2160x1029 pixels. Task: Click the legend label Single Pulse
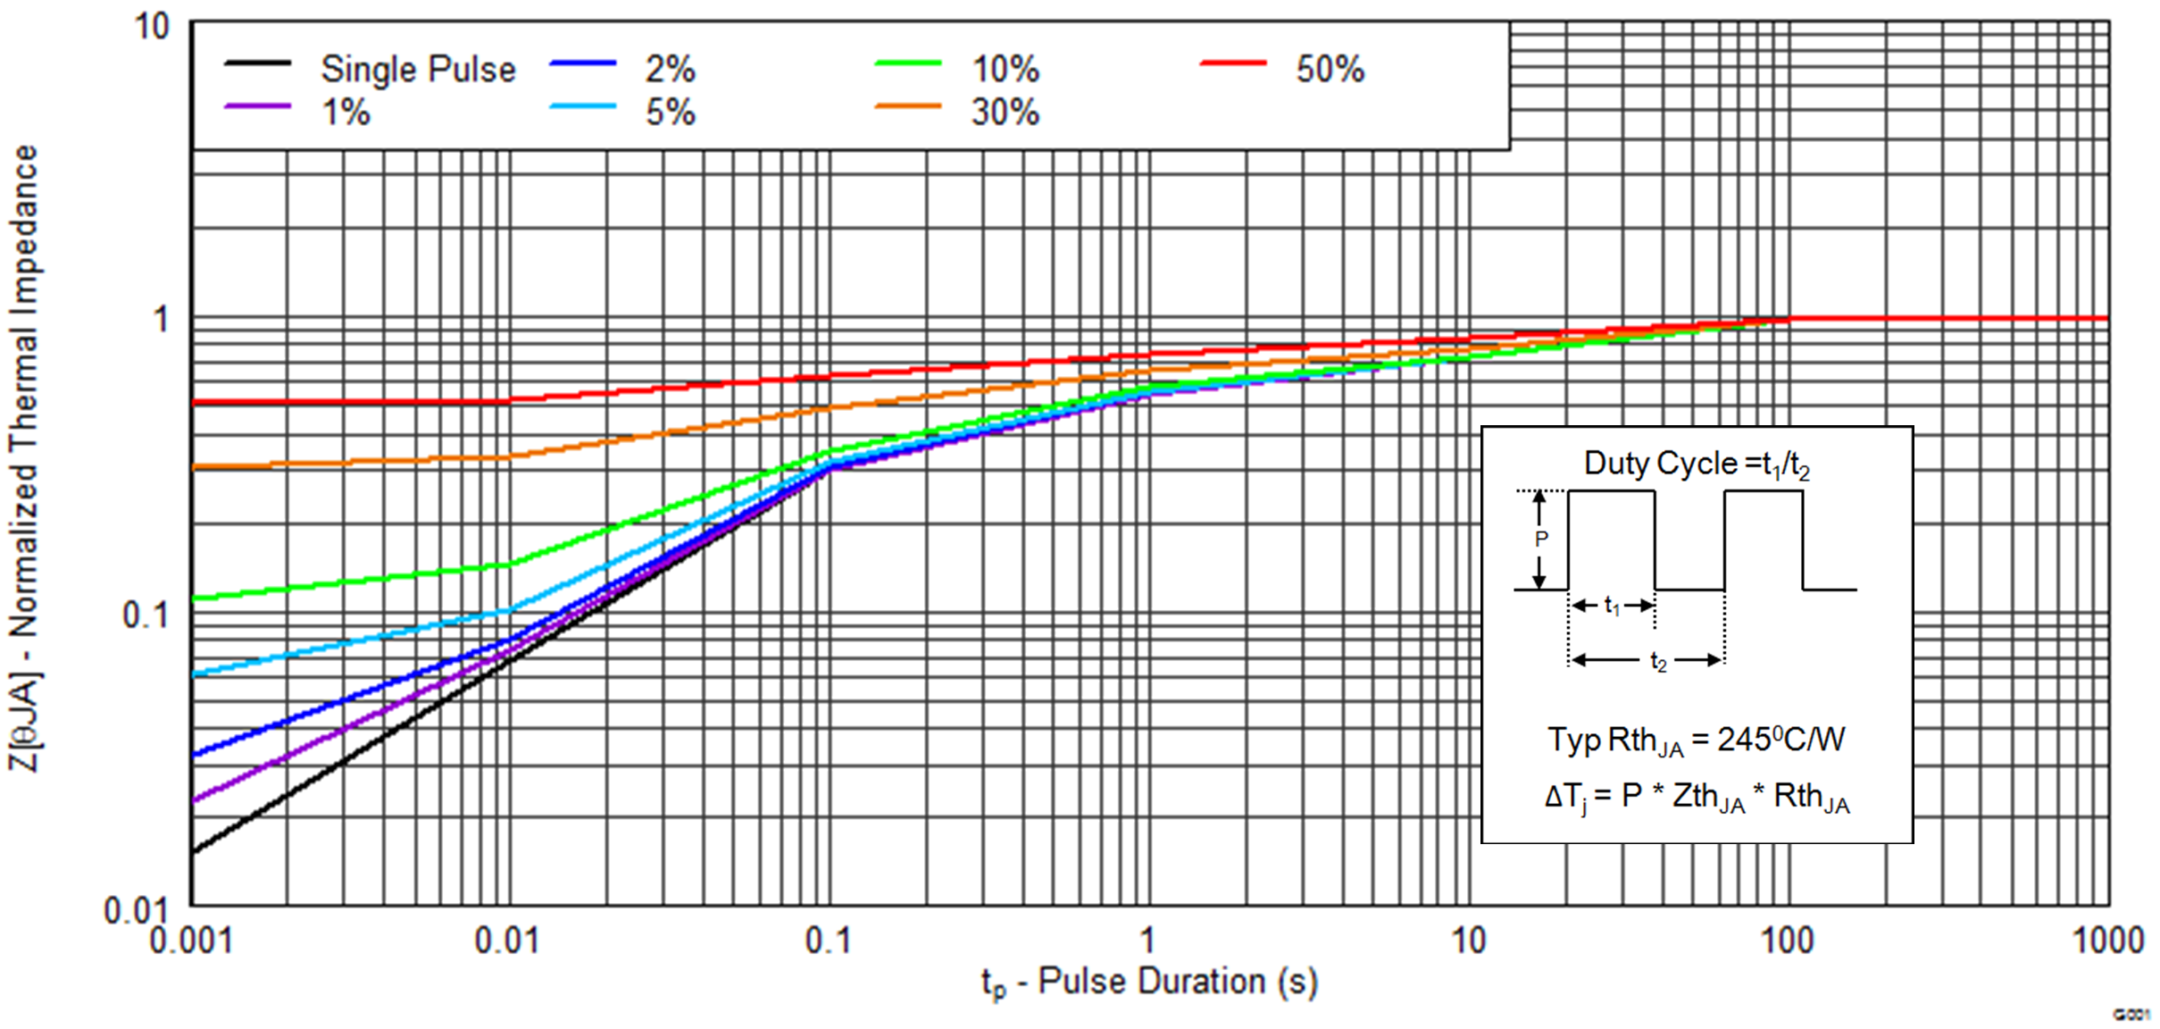coord(418,70)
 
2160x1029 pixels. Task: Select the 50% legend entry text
coord(1330,70)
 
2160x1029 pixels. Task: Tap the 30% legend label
coord(1005,113)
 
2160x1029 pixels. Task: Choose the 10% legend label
coord(1005,70)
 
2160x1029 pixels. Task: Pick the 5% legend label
coord(671,113)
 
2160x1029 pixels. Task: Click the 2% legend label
coord(671,70)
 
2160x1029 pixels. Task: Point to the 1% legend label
coord(346,113)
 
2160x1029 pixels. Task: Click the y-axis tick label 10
coord(152,27)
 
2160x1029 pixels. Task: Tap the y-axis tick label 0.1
coord(145,615)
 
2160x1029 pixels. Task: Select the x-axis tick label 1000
coord(2107,941)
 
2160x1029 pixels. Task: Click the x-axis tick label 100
coord(1787,941)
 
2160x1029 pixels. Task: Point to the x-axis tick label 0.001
coord(191,941)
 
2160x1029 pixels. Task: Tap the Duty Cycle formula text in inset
coord(1697,464)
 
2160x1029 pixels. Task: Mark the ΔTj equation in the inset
coord(1697,796)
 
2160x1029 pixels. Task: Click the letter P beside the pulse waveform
coord(1541,539)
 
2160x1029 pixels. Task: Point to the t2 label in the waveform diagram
coord(1658,662)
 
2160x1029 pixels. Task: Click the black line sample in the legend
coord(257,63)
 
